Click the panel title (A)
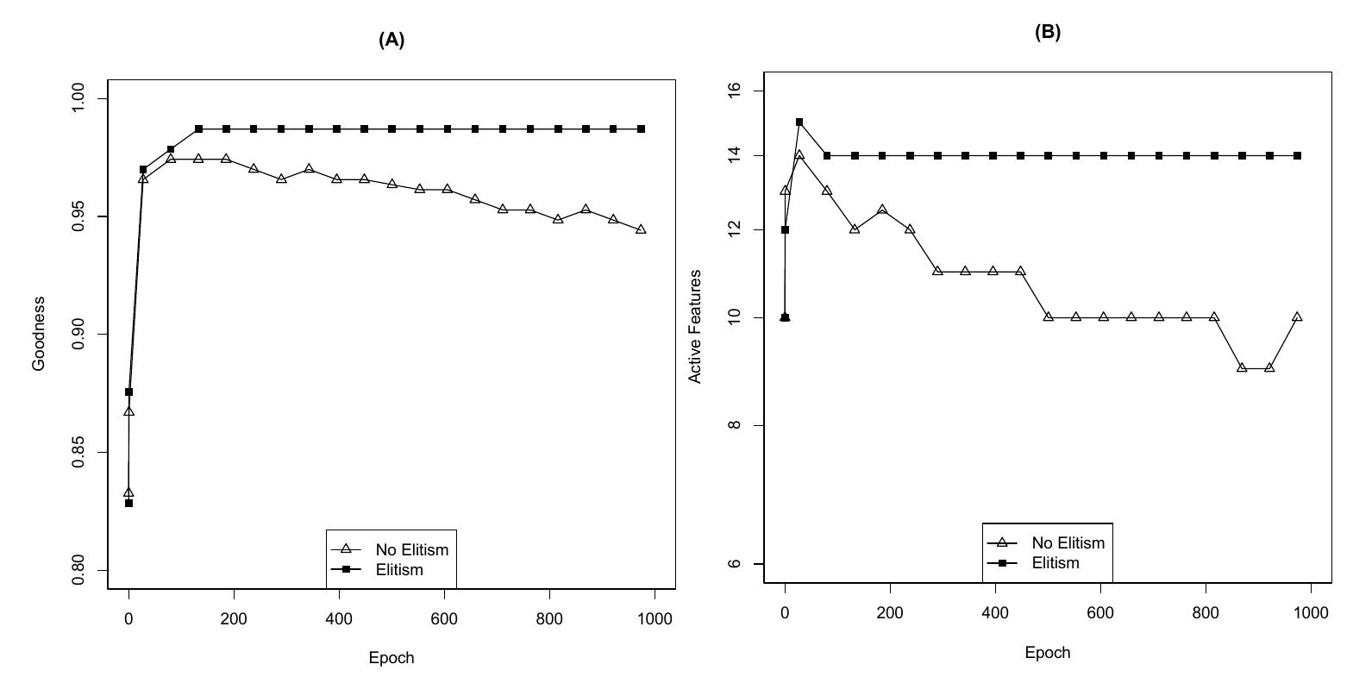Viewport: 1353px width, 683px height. tap(391, 40)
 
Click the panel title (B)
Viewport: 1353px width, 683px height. tap(1048, 33)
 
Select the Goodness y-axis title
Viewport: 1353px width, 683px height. tap(39, 334)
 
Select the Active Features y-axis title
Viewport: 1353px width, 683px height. tap(695, 327)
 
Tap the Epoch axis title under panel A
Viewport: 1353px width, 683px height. tap(391, 658)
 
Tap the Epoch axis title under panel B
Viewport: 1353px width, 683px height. tap(1048, 653)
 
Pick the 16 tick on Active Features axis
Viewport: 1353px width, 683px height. tap(735, 91)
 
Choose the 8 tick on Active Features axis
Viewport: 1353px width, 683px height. tap(735, 425)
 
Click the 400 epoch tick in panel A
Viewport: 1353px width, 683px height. tap(339, 618)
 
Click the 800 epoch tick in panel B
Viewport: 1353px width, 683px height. tap(1206, 612)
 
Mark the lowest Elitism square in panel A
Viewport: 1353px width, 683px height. tap(128, 503)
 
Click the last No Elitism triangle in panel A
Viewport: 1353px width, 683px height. tap(641, 230)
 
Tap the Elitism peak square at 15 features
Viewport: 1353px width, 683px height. tap(799, 122)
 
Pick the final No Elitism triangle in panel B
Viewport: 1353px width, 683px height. tap(1297, 317)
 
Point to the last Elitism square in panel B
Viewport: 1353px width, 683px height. tap(1297, 156)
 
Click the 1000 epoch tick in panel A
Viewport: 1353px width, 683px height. tap(655, 618)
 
